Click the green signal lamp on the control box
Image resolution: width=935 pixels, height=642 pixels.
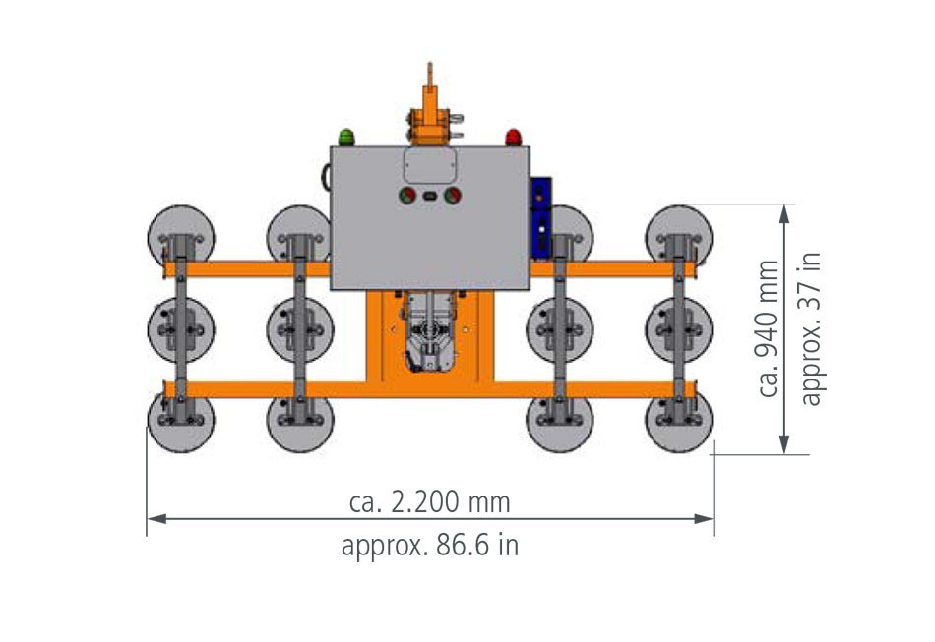346,136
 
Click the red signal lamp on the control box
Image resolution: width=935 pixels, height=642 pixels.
513,136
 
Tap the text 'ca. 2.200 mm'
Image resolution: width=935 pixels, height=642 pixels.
430,502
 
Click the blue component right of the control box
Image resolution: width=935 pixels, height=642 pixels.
540,217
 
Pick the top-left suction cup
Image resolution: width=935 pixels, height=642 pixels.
181,237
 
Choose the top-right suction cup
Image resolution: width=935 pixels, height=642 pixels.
679,237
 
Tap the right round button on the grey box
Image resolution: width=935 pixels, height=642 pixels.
453,196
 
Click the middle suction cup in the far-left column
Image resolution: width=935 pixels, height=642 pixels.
181,328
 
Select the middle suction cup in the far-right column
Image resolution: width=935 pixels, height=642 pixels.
679,328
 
